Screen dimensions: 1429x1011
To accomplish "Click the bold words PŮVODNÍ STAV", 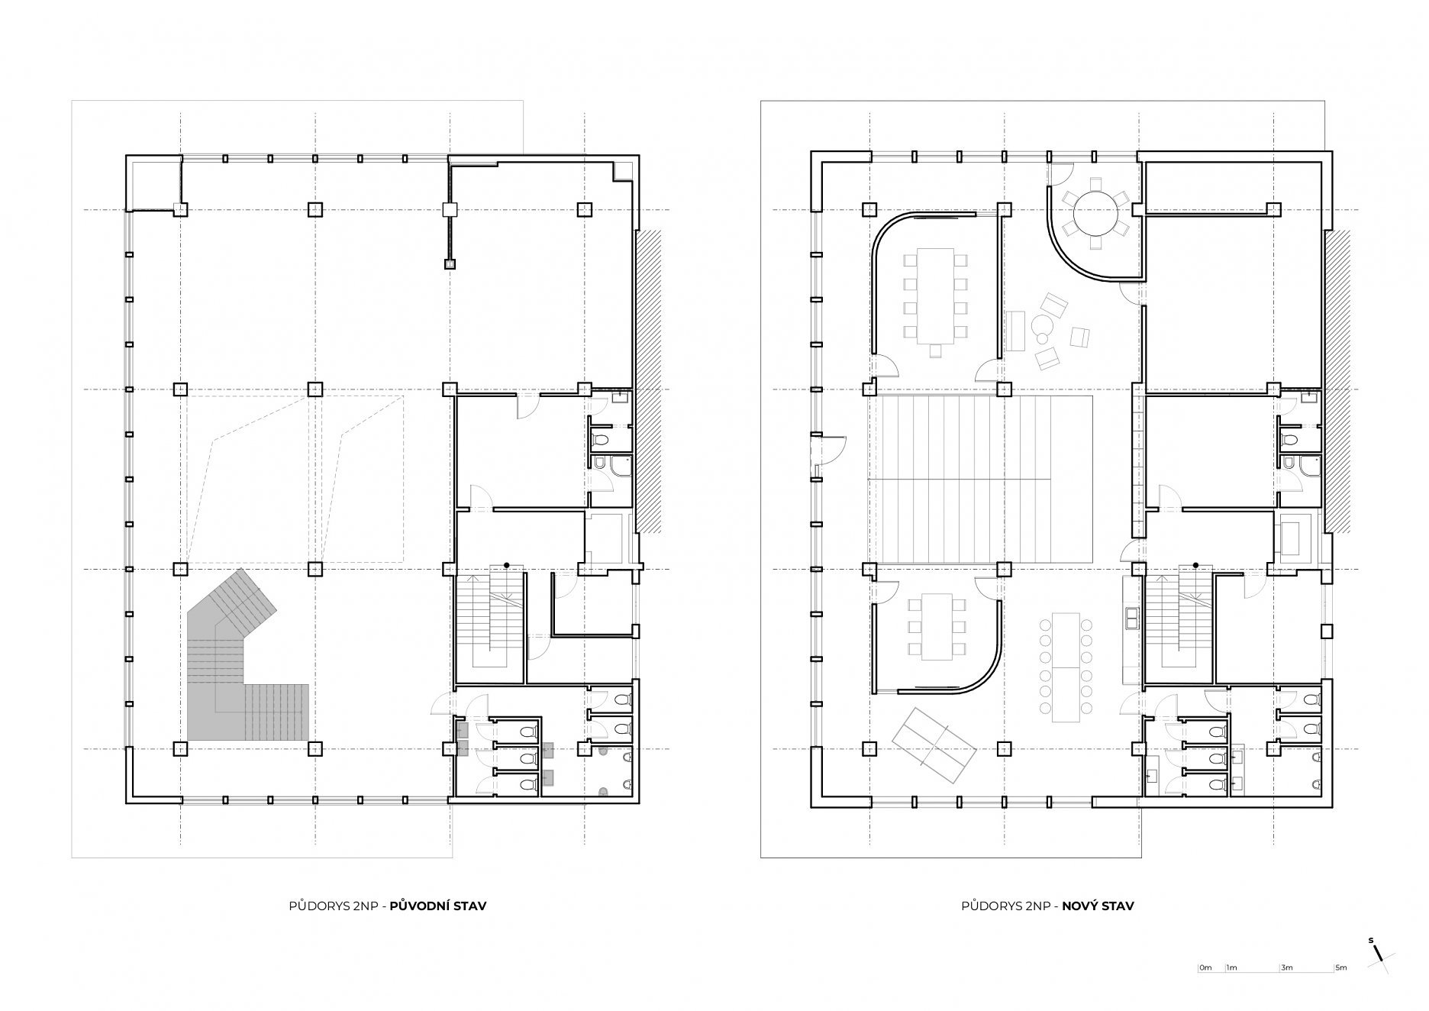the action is (x=437, y=906).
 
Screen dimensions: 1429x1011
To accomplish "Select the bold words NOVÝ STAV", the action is (x=1098, y=906).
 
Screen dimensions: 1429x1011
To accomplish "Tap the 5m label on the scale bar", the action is (x=1340, y=989).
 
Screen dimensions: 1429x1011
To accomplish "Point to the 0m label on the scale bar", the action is (x=1205, y=989).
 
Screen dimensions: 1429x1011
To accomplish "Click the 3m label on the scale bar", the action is (x=1287, y=989).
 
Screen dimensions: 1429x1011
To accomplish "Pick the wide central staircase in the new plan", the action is (x=981, y=479).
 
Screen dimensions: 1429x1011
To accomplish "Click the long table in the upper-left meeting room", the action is (x=935, y=295).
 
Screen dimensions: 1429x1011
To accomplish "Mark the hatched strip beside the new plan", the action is (x=1338, y=382).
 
